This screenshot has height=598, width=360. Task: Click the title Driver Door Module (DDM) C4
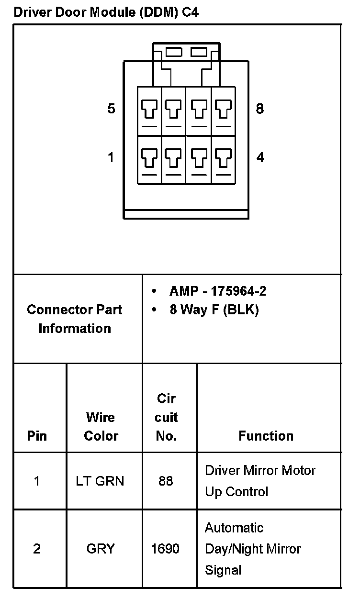(x=106, y=12)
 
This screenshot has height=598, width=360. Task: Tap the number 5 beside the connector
(x=111, y=109)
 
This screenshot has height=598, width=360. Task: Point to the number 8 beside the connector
(x=259, y=109)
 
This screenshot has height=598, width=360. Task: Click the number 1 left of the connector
(x=111, y=157)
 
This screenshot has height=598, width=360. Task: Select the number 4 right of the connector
(x=260, y=157)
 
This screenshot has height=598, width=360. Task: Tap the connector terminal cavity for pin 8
(x=223, y=111)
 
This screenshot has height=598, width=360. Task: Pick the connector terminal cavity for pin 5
(x=149, y=111)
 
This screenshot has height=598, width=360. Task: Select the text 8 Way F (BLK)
(x=214, y=310)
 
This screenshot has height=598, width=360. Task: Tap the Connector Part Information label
(x=75, y=319)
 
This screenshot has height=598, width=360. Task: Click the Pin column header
(x=37, y=436)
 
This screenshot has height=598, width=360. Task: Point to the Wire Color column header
(x=101, y=426)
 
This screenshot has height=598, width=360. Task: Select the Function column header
(x=266, y=436)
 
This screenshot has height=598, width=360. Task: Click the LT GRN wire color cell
(x=100, y=481)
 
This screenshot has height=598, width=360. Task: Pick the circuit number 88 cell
(x=166, y=481)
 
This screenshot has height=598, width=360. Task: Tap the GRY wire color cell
(x=101, y=549)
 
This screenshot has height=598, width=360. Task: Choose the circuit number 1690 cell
(x=165, y=549)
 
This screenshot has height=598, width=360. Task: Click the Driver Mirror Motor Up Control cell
(x=260, y=481)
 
